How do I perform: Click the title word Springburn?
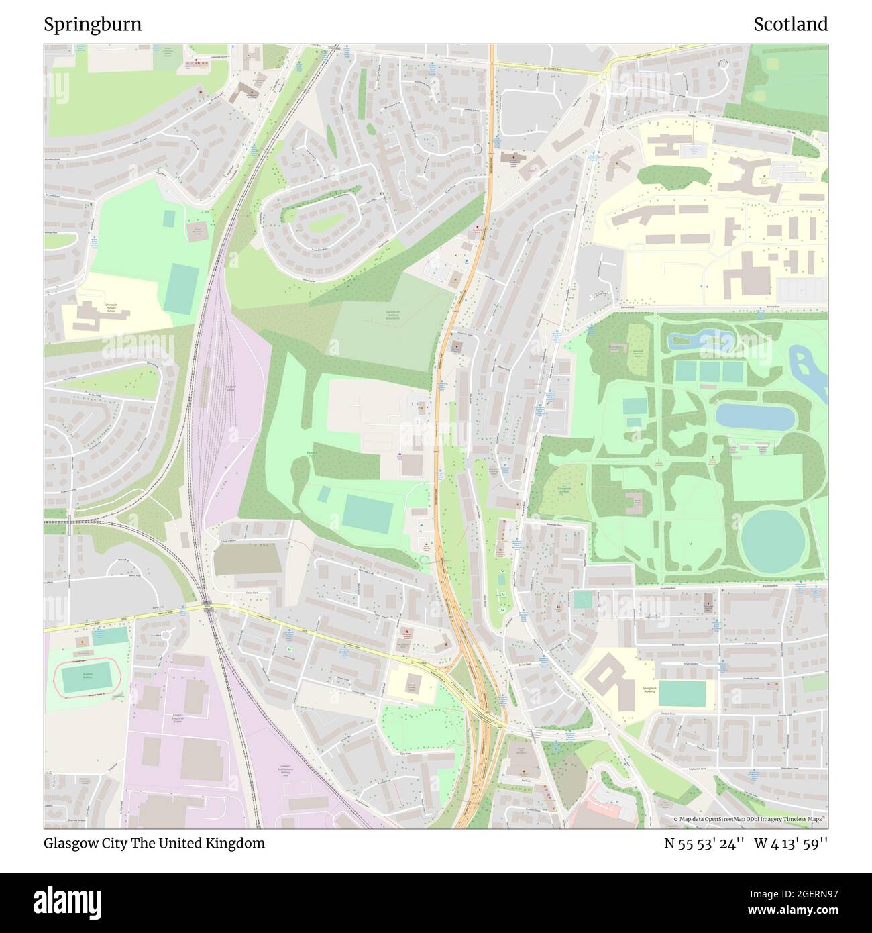(93, 25)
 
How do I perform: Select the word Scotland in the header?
(790, 25)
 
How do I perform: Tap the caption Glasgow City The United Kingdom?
(154, 843)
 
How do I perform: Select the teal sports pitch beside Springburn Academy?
(682, 694)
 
